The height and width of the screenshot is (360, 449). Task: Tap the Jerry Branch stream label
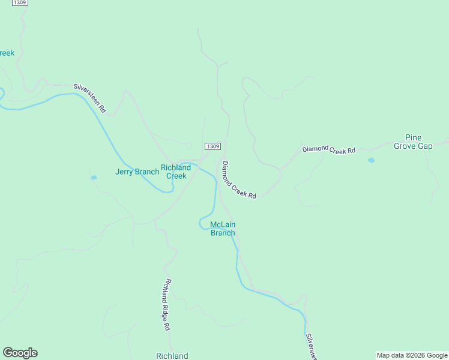tap(137, 172)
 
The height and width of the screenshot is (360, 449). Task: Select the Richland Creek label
tap(176, 172)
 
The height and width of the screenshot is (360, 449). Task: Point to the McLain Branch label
tap(223, 229)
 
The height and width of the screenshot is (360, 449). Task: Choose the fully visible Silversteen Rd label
tap(90, 98)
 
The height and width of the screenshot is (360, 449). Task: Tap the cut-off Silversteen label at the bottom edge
tap(311, 347)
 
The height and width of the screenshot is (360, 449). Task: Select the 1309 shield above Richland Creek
tap(212, 146)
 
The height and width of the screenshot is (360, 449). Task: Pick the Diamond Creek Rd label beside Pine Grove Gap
tap(329, 149)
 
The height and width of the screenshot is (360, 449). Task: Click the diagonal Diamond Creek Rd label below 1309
tap(239, 180)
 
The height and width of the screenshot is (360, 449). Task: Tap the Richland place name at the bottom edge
tap(172, 356)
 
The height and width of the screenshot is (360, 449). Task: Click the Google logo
tap(20, 353)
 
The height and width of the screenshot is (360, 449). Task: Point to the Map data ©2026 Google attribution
tap(412, 355)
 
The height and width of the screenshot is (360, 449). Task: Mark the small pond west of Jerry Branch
tap(94, 178)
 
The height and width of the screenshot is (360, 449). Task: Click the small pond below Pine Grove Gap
tap(371, 160)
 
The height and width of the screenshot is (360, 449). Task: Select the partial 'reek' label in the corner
tap(7, 53)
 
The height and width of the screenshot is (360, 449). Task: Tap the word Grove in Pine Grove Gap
tap(406, 146)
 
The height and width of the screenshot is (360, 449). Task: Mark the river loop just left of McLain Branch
tap(203, 224)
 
